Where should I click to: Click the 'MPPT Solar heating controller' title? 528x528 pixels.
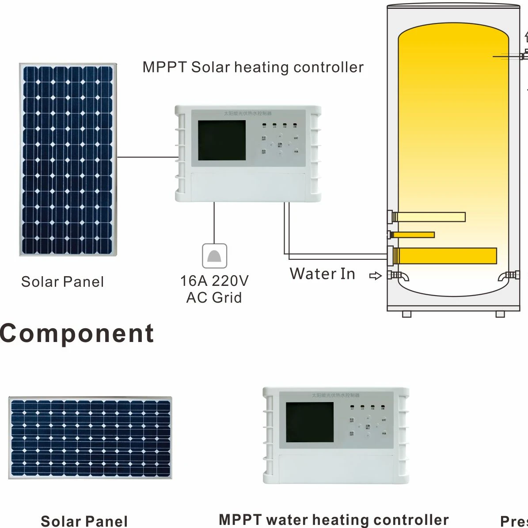pos(253,67)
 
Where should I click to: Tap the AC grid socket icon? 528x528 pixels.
pos(214,256)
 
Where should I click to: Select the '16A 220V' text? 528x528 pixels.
pos(214,281)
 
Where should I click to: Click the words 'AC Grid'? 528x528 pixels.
pos(214,297)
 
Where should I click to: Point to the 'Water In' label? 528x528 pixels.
pos(323,274)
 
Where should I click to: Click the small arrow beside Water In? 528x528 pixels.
pos(375,276)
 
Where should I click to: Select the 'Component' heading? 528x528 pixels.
pos(77,333)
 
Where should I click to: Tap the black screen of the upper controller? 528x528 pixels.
pos(221,141)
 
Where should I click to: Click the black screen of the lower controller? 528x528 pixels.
pos(309,422)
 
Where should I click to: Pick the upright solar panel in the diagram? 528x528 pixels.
pos(68,160)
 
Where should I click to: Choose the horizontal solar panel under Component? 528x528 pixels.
pos(90,438)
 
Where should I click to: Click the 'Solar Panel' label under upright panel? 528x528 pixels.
pos(63,282)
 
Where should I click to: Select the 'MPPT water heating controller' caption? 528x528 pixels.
pos(334,520)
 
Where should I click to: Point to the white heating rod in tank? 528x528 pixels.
pos(429,217)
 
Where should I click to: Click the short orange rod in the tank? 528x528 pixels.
pos(413,235)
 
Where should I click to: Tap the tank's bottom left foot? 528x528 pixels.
pos(406,314)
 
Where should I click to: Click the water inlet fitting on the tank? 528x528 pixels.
pos(395,276)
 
